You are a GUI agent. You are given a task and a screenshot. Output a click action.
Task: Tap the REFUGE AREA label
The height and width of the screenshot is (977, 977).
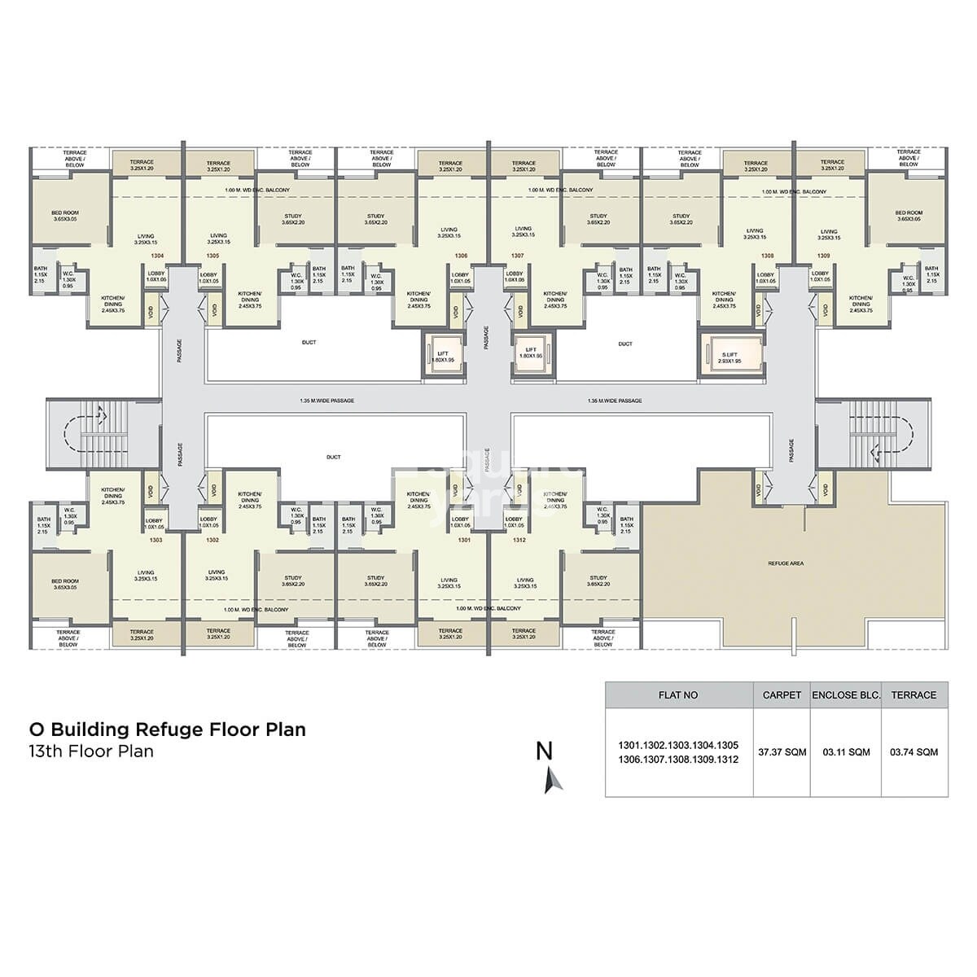point(785,563)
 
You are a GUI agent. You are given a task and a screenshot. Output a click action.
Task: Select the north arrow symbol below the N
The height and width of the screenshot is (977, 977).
point(554,781)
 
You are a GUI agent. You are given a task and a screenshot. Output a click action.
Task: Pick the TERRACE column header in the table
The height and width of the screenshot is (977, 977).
point(913,694)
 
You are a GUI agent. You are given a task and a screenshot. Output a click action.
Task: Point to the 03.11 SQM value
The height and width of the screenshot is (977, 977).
point(846,751)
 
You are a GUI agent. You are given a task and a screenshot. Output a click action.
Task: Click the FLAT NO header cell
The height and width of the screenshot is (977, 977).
point(677,694)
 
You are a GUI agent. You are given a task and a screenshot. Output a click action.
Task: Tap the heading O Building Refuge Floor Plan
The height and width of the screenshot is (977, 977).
point(168,729)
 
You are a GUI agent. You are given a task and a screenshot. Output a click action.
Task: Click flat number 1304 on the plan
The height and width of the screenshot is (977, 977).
point(157,255)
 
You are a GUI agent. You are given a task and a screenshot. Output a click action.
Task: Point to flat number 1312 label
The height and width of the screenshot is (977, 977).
point(520,540)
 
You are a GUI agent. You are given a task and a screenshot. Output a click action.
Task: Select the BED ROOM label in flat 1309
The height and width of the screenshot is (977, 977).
point(908,215)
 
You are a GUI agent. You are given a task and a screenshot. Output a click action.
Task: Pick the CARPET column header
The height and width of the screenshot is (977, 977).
point(782,694)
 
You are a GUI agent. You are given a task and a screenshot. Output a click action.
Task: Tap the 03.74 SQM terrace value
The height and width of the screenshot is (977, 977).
point(913,751)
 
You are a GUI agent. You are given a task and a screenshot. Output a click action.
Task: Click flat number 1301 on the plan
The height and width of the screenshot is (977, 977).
point(465,540)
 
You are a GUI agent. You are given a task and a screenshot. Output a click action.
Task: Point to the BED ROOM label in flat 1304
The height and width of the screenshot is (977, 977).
point(68,215)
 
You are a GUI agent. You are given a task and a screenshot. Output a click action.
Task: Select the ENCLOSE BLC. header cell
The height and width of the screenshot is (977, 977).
point(846,694)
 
